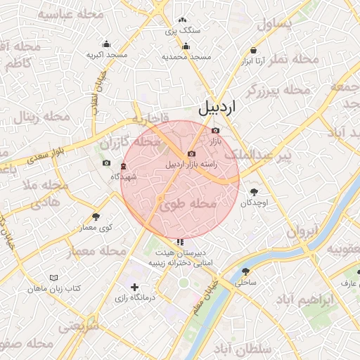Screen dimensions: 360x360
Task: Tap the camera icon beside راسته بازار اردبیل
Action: pos(191,154)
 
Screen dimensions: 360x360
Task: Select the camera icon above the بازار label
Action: pos(215,130)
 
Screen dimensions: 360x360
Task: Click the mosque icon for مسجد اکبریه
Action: pos(106,44)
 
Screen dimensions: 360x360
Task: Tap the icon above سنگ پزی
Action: pos(183,20)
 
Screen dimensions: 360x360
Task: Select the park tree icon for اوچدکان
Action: pos(253,191)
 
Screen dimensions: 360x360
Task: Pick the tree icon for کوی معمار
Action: pos(96,217)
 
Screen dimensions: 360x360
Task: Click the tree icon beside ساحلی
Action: pos(245,271)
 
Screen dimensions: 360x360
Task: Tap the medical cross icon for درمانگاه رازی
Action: pos(134,287)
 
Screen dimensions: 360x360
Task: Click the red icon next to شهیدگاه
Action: pos(124,166)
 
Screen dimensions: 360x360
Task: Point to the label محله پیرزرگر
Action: pos(278,90)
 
